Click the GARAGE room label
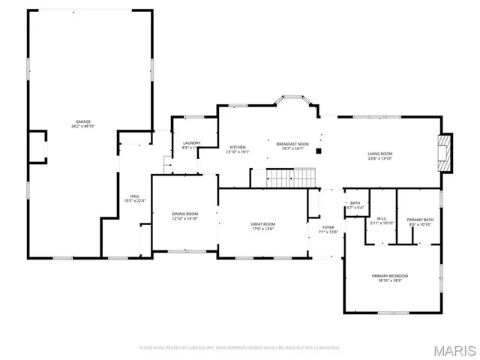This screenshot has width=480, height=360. pyautogui.click(x=82, y=121)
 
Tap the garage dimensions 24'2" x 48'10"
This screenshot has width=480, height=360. pyautogui.click(x=82, y=126)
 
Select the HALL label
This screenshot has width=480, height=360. pyautogui.click(x=135, y=196)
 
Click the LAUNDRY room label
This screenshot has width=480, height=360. pyautogui.click(x=192, y=142)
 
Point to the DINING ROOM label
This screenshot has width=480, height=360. pyautogui.click(x=184, y=214)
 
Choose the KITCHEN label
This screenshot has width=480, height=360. pyautogui.click(x=238, y=147)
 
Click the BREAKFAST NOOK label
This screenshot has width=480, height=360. pyautogui.click(x=292, y=143)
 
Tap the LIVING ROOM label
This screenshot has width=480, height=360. pyautogui.click(x=380, y=154)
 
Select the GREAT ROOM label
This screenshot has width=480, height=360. pyautogui.click(x=262, y=223)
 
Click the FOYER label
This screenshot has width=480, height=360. pyautogui.click(x=328, y=227)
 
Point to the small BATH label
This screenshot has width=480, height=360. pyautogui.click(x=355, y=202)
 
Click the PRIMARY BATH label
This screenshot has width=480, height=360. pyautogui.click(x=420, y=220)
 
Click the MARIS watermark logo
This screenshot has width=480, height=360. pyautogui.click(x=453, y=350)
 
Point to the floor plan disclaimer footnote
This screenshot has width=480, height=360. pyautogui.click(x=240, y=347)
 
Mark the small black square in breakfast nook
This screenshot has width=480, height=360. pyautogui.click(x=319, y=151)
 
